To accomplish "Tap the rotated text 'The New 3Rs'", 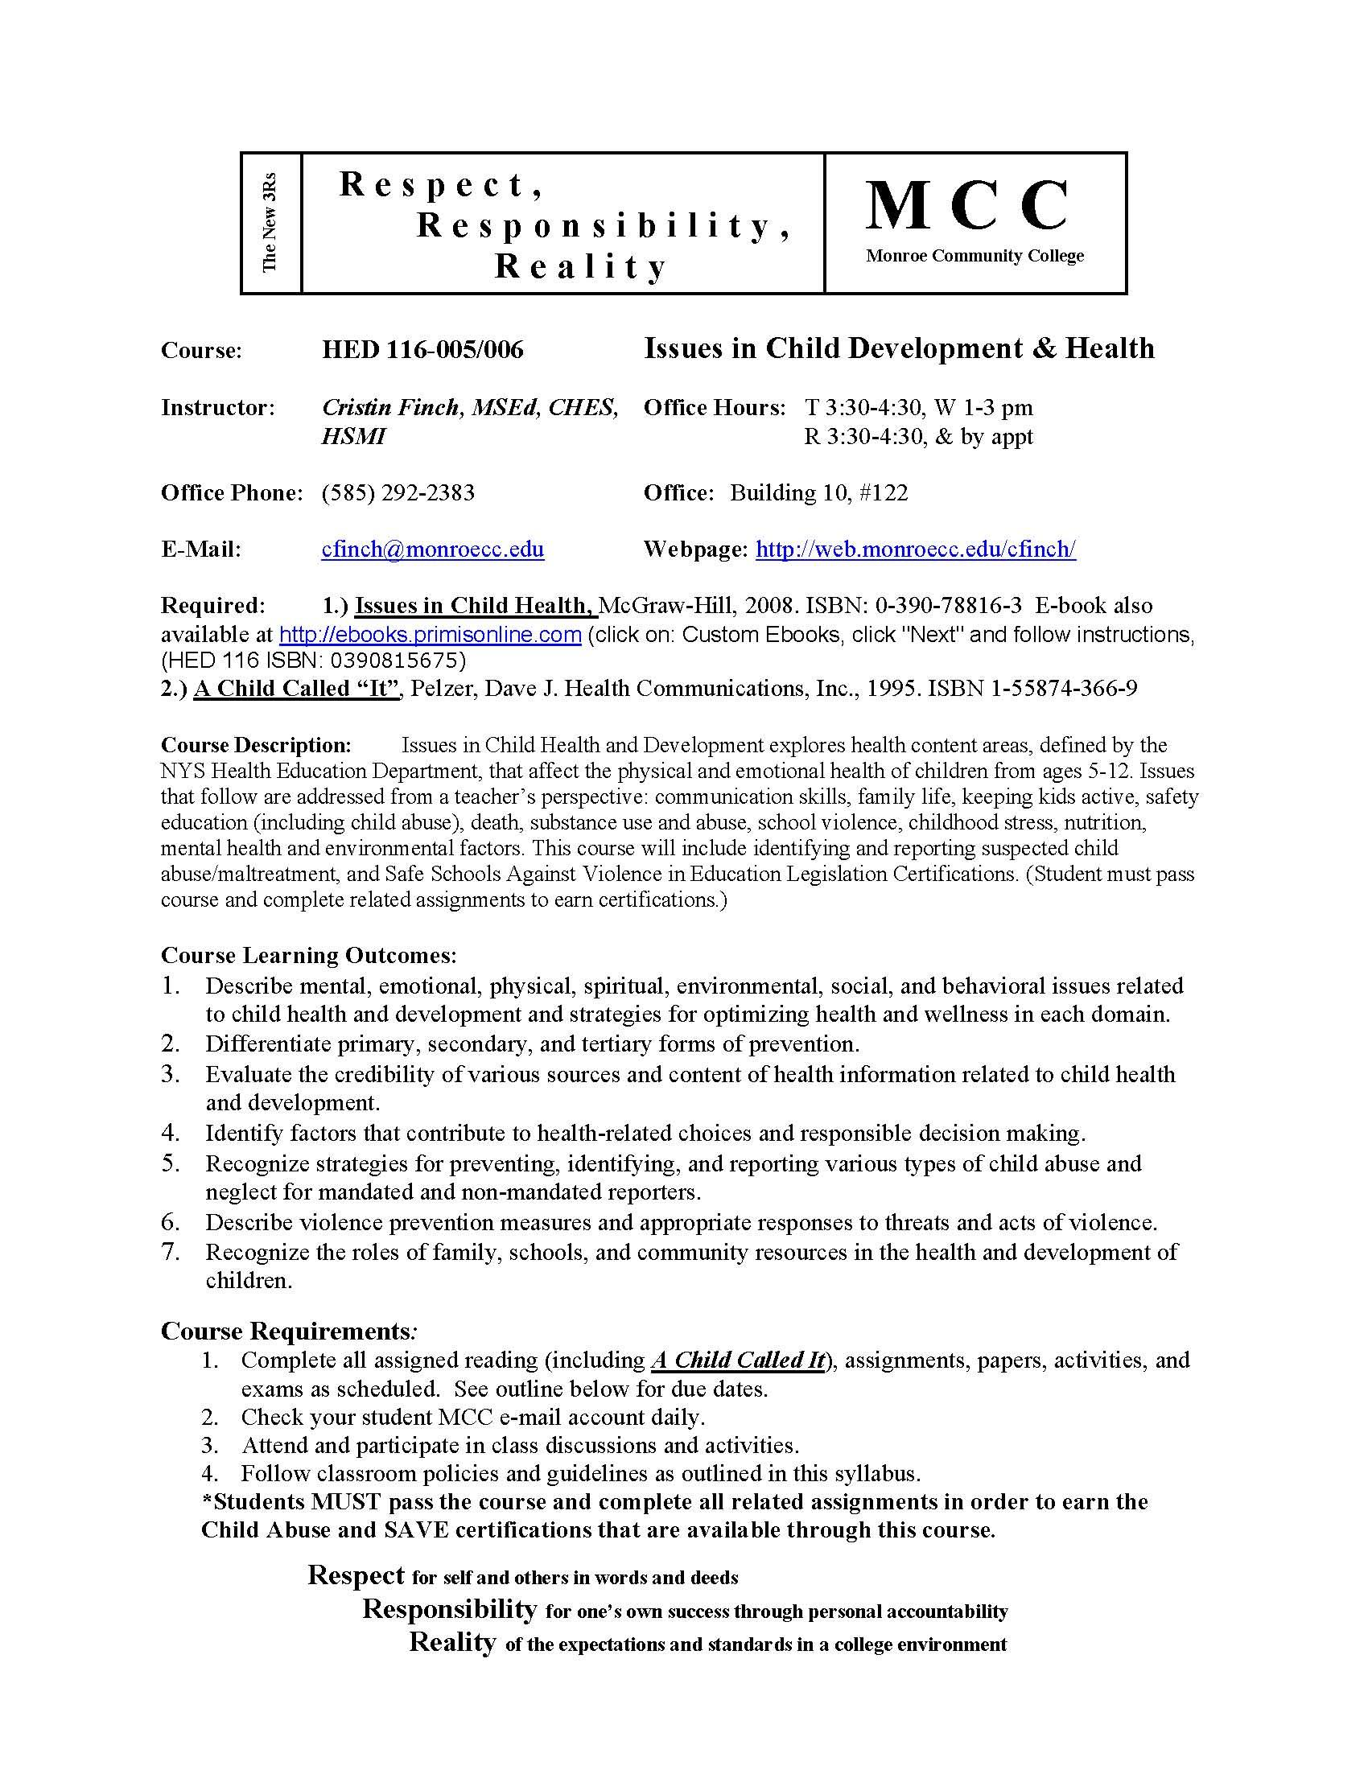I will (270, 222).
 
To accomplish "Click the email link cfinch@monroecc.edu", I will (433, 550).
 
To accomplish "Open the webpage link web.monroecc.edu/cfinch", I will (915, 550).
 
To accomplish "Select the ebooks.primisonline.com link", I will (431, 634).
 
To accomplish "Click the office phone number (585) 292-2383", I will (398, 492).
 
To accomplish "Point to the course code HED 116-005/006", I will (422, 349).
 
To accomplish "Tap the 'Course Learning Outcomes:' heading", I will (309, 955).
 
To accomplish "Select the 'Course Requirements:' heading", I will (290, 1331).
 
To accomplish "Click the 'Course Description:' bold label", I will (256, 744).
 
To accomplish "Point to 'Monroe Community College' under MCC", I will (974, 256).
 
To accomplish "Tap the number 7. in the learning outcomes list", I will (170, 1252).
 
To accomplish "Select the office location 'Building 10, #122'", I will (818, 492).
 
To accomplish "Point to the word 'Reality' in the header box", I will (580, 265).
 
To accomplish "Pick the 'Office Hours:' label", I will (714, 407).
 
